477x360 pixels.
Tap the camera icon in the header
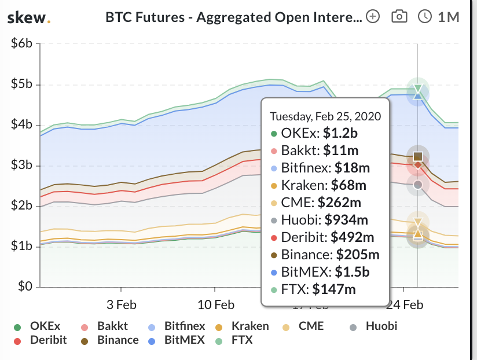(x=399, y=17)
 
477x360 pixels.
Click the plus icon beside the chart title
(x=373, y=17)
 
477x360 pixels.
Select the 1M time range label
(x=448, y=17)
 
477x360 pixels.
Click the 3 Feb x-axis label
(x=121, y=305)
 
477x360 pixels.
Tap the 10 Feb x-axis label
(x=215, y=305)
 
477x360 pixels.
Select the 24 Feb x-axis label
(x=404, y=305)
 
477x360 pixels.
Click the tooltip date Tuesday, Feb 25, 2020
(x=325, y=116)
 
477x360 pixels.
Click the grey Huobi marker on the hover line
(x=418, y=185)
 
